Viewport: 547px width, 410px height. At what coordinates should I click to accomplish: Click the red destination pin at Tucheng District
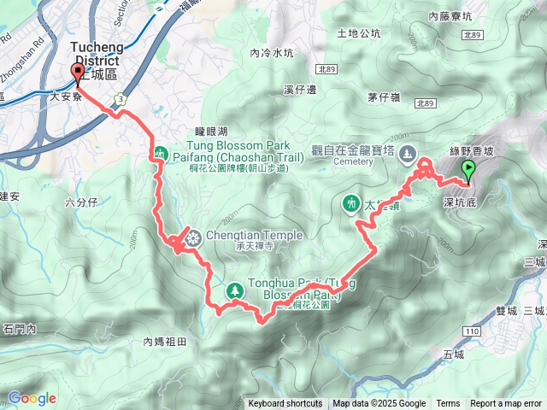(79, 73)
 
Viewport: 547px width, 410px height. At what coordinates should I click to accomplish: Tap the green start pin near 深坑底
(468, 170)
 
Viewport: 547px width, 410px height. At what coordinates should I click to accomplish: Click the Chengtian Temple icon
(193, 237)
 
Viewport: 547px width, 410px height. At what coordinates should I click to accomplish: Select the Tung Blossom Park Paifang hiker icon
(161, 153)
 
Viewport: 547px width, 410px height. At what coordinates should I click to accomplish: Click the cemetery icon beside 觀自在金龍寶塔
(409, 155)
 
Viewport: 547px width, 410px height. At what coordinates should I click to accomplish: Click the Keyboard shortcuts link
(285, 404)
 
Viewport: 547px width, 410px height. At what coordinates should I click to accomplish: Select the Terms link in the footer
(448, 404)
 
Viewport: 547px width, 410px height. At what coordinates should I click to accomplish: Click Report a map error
(506, 404)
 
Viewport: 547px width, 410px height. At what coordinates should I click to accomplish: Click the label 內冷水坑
(272, 53)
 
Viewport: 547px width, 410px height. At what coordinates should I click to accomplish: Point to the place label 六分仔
(82, 202)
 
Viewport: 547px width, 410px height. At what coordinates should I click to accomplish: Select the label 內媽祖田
(165, 342)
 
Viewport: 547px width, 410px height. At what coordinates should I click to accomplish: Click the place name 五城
(454, 354)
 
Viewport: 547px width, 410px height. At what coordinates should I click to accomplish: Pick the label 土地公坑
(359, 34)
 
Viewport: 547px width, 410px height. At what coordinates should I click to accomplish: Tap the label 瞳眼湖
(211, 131)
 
